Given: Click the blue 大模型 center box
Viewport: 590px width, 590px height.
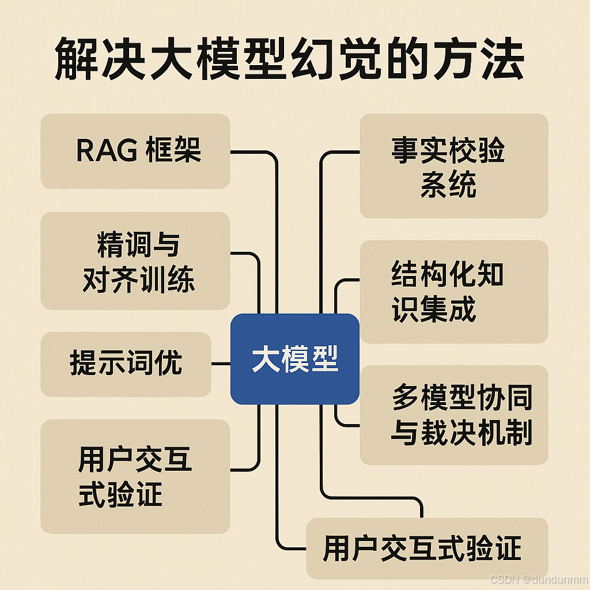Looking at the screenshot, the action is point(294,359).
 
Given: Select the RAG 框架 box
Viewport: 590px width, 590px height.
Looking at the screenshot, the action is point(135,151).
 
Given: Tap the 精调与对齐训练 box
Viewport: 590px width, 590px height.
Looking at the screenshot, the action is point(135,261).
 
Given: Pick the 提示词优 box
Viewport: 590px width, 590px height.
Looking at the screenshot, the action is point(126,364).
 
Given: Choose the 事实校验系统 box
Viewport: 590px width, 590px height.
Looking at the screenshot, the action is point(453,166).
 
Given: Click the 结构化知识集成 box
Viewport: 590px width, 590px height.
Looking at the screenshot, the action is point(453,292).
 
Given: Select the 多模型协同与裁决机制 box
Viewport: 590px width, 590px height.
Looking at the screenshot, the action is point(453,415).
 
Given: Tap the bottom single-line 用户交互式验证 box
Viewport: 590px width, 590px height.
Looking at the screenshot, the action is point(426,548).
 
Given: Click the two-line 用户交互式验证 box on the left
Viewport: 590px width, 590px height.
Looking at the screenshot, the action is point(135,476).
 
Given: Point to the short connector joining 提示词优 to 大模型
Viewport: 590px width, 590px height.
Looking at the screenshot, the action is point(221,364).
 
